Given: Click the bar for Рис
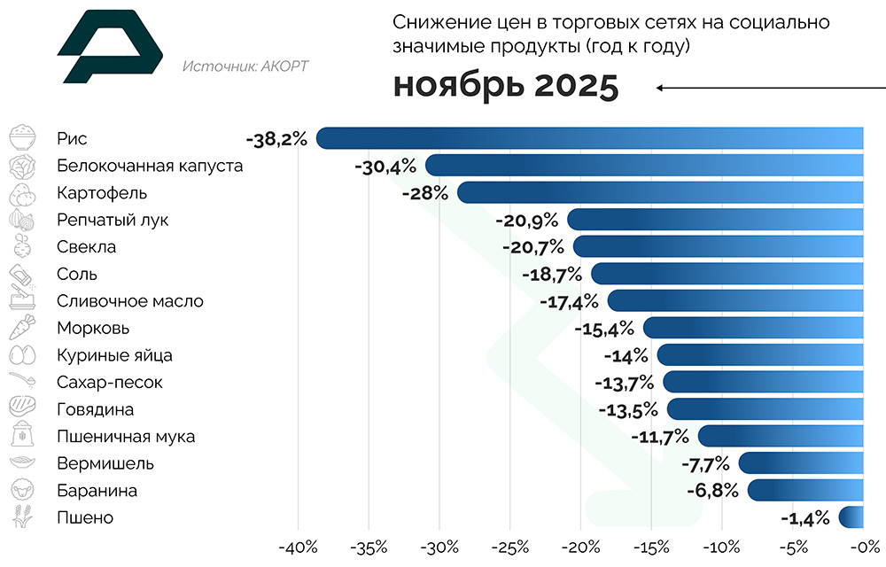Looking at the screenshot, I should (x=589, y=138).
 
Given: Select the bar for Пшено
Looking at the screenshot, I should (x=851, y=517).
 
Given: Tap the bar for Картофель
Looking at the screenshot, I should (x=660, y=192).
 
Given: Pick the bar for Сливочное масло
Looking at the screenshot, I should (x=735, y=301).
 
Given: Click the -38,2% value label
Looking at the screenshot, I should (x=277, y=139).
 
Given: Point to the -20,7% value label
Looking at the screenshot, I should (x=531, y=247).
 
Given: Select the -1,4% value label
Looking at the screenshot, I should (x=804, y=518).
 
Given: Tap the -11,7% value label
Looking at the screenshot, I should (x=659, y=437).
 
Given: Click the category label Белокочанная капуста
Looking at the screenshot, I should (x=149, y=166).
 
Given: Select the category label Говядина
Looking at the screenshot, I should (x=95, y=409).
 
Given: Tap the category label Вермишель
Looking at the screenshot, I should (x=105, y=463).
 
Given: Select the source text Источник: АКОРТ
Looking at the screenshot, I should (x=245, y=66).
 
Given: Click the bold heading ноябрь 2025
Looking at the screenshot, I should (x=505, y=87).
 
